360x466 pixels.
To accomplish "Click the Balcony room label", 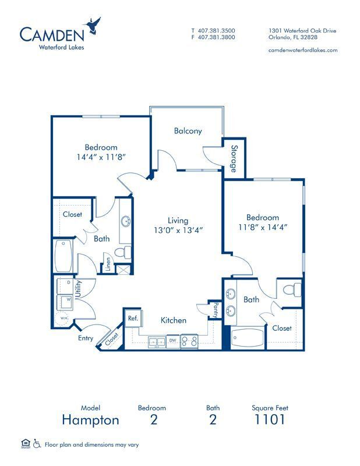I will pyautogui.click(x=188, y=131).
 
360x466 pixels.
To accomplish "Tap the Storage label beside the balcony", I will pyautogui.click(x=234, y=158).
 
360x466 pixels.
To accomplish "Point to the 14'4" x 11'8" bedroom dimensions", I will pyautogui.click(x=101, y=157).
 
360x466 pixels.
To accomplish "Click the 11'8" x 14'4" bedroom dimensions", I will pyautogui.click(x=262, y=227).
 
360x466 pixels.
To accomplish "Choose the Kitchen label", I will pyautogui.click(x=174, y=320).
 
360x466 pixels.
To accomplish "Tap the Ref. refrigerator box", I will pyautogui.click(x=132, y=318).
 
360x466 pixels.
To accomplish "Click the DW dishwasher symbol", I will pyautogui.click(x=172, y=340).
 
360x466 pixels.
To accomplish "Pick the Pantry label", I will pyautogui.click(x=216, y=310).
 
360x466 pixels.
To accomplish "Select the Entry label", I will pyautogui.click(x=86, y=338).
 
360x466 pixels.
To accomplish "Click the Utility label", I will pyautogui.click(x=77, y=289).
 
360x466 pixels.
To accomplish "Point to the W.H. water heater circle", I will pyautogui.click(x=63, y=319).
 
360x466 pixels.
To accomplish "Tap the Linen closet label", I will pyautogui.click(x=108, y=263).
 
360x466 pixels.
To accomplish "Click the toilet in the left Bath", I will pyautogui.click(x=121, y=252).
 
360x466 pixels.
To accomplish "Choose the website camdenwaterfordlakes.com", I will pyautogui.click(x=302, y=50).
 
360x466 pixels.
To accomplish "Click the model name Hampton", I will pyautogui.click(x=90, y=419).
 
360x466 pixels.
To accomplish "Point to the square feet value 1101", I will pyautogui.click(x=270, y=419).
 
